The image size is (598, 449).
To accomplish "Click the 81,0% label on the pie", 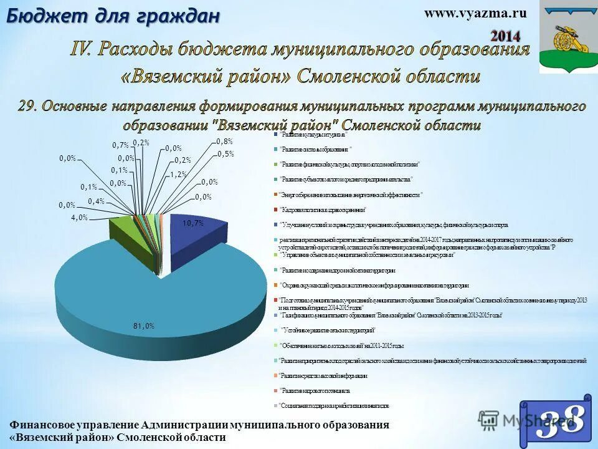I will point(143,326).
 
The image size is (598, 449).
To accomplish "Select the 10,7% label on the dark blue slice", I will point(192,223).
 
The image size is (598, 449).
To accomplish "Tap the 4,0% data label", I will point(79,218).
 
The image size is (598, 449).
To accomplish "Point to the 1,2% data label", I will point(178,175).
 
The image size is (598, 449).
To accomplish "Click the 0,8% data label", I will point(224,141).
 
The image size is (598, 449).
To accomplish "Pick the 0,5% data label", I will point(225,154).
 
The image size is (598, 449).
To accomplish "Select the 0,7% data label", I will point(120,145).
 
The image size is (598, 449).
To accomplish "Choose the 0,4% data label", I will point(96,201).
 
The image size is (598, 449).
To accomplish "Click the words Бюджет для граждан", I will point(113,16).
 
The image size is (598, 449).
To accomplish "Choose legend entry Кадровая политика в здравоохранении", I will point(324,210).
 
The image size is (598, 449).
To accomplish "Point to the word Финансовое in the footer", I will point(37,425).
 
